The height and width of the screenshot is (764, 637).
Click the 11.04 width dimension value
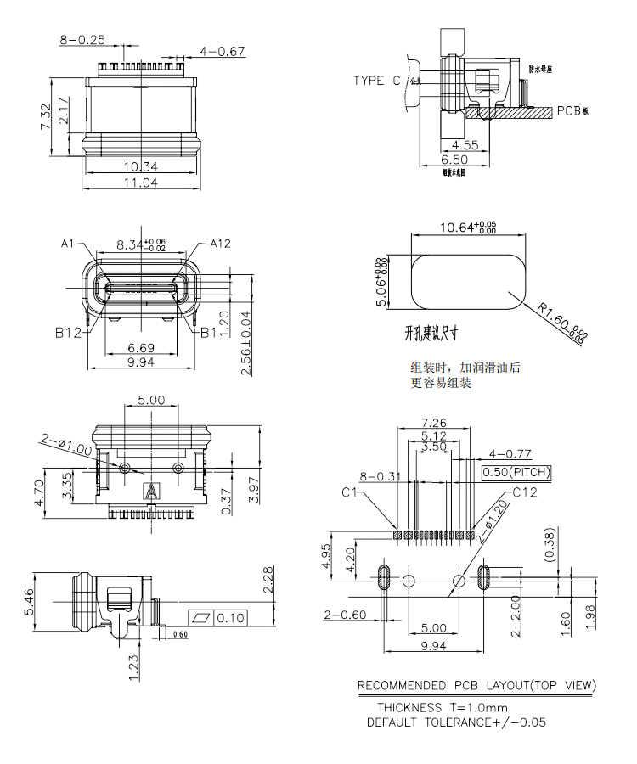(142, 183)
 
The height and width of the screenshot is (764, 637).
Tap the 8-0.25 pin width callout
(82, 39)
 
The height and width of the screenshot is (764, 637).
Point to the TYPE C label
(377, 81)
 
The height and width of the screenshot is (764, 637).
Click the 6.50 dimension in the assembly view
(454, 159)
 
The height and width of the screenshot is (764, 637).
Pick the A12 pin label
(220, 244)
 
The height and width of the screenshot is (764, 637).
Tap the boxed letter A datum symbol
(152, 491)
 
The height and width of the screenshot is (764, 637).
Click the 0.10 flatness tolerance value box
(229, 617)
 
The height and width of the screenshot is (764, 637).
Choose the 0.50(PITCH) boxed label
(516, 472)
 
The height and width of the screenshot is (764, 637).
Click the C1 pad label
(349, 492)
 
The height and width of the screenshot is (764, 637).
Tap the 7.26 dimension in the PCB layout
(434, 422)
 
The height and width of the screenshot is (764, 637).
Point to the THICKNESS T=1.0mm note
(443, 706)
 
